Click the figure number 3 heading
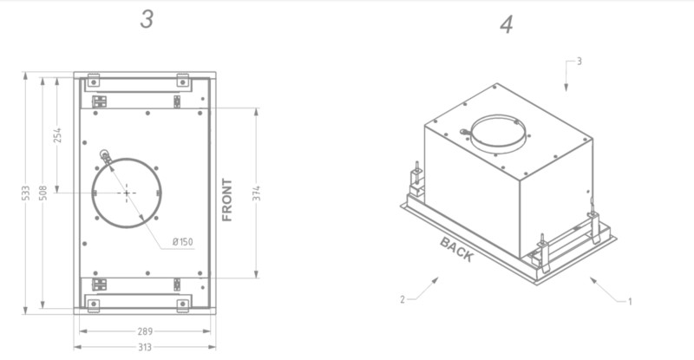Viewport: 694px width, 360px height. pyautogui.click(x=147, y=19)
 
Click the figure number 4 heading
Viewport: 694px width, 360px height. pyautogui.click(x=507, y=24)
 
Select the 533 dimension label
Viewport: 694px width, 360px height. pyautogui.click(x=27, y=193)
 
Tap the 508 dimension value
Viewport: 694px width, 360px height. pyautogui.click(x=43, y=193)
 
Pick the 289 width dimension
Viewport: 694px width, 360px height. pyautogui.click(x=144, y=331)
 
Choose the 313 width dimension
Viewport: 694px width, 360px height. pyautogui.click(x=144, y=347)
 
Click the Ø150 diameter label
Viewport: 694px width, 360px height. pyautogui.click(x=182, y=241)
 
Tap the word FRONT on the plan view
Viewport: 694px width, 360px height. pyautogui.click(x=227, y=200)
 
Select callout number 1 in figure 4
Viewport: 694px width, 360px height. pyautogui.click(x=630, y=301)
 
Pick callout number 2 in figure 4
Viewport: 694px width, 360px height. pyautogui.click(x=403, y=299)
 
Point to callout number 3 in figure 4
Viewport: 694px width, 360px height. pyautogui.click(x=579, y=62)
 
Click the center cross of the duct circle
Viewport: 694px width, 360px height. pyautogui.click(x=126, y=192)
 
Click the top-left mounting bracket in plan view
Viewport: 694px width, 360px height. pyautogui.click(x=93, y=82)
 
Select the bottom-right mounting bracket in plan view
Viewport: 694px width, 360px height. pyautogui.click(x=183, y=304)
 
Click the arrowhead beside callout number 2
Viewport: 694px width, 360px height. pyautogui.click(x=436, y=279)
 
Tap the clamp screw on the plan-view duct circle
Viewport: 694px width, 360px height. pyautogui.click(x=105, y=156)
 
